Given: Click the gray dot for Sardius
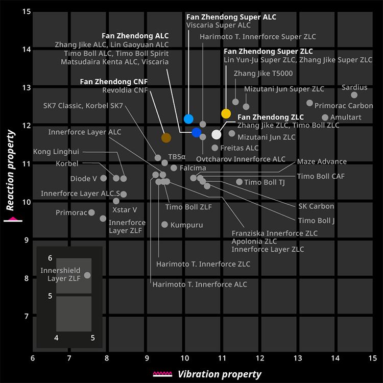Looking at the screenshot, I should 354,95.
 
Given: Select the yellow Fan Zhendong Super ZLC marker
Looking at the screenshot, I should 226,113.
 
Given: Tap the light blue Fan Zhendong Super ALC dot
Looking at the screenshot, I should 188,119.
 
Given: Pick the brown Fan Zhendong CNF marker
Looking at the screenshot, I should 166,137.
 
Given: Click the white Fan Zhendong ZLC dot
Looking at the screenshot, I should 216,134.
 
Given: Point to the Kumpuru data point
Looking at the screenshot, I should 164,225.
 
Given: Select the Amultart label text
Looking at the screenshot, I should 346,117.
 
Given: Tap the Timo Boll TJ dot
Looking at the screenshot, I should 240,182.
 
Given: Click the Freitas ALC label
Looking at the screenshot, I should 239,148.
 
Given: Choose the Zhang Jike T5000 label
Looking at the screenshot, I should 263,74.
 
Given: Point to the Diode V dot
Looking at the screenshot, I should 104,178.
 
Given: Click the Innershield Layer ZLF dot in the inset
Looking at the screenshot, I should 87,275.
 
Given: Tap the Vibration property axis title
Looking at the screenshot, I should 220,374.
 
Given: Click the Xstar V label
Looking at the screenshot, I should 125,209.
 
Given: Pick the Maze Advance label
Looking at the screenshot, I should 322,162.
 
